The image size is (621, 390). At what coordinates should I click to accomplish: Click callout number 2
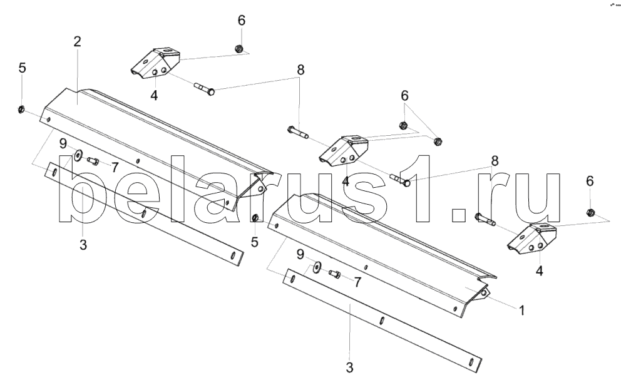click(77, 43)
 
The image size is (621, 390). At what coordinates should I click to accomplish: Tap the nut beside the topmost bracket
click(239, 49)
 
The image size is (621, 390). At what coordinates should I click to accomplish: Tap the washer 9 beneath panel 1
click(316, 267)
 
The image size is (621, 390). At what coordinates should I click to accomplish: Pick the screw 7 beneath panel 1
click(333, 273)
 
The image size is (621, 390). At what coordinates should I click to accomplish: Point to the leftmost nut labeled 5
click(21, 111)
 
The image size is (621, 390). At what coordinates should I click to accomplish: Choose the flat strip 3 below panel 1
click(382, 319)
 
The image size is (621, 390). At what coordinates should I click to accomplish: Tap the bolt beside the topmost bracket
click(203, 89)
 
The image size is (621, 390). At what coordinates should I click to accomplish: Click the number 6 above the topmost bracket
click(241, 19)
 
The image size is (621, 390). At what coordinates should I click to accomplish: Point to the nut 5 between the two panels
click(255, 217)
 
